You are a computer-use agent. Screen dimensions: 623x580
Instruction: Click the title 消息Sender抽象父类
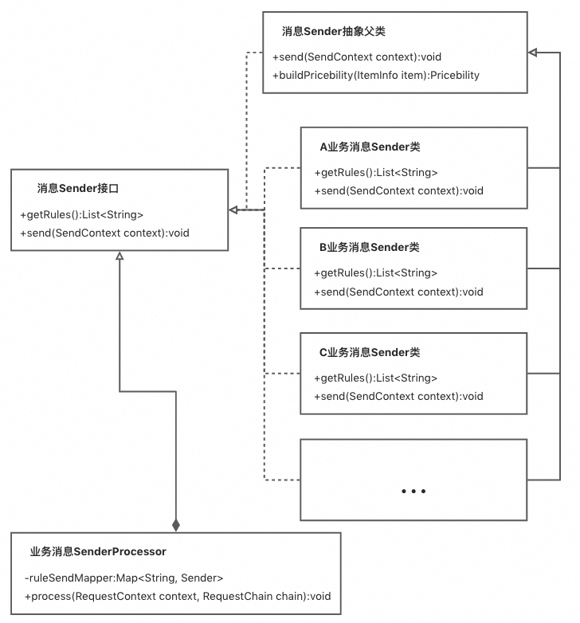click(334, 32)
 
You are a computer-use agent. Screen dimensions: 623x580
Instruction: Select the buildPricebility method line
click(375, 75)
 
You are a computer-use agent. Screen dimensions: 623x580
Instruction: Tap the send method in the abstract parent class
click(356, 57)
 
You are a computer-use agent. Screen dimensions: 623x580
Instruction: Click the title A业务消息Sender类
click(370, 147)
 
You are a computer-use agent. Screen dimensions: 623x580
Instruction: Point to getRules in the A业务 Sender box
click(376, 172)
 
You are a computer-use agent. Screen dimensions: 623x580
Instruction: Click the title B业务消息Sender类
click(370, 248)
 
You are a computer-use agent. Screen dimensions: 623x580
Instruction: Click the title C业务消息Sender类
click(370, 353)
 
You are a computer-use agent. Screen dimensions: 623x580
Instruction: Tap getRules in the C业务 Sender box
click(376, 378)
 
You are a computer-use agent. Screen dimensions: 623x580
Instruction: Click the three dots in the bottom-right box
click(413, 492)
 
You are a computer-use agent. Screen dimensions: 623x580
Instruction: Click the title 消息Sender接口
click(78, 189)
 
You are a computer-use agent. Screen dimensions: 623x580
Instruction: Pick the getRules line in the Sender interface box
click(81, 214)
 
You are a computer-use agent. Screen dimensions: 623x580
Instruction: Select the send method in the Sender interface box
click(104, 233)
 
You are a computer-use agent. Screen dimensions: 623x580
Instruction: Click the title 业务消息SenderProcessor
click(98, 551)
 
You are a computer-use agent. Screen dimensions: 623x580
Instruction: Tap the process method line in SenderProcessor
click(177, 597)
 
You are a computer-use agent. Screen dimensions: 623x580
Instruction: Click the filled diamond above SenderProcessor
click(176, 525)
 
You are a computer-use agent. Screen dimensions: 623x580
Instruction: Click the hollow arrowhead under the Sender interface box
click(120, 256)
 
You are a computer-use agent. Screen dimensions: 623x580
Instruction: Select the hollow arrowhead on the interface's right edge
click(234, 210)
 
